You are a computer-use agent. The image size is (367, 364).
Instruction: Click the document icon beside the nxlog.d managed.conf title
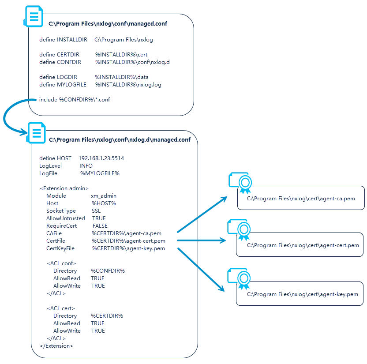pos(36,133)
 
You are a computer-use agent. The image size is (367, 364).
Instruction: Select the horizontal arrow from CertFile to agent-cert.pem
pos(201,240)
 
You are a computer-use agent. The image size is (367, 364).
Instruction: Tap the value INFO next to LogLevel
pos(86,165)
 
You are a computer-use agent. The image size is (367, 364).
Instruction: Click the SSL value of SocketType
pos(96,210)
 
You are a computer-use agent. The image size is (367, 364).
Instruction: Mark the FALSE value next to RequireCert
pos(100,225)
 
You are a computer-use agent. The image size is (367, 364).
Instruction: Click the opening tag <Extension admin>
pos(64,188)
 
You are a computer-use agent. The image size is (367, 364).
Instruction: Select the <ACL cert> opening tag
pos(61,308)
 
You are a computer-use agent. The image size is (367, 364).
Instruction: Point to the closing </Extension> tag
pos(56,345)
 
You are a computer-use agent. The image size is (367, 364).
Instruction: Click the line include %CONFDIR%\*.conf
pos(75,99)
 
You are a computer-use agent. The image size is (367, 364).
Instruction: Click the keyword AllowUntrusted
pos(66,218)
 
